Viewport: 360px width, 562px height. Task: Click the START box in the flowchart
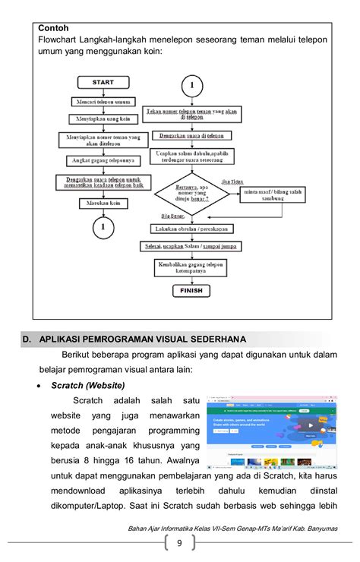pyautogui.click(x=103, y=82)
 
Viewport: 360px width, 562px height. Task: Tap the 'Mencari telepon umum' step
pyautogui.click(x=103, y=101)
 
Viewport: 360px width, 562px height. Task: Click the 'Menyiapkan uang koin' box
pyautogui.click(x=103, y=119)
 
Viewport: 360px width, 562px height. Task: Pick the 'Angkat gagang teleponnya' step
pyautogui.click(x=103, y=160)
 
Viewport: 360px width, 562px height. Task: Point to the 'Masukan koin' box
pyautogui.click(x=103, y=203)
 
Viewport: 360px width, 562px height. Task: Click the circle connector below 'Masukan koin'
pyautogui.click(x=103, y=226)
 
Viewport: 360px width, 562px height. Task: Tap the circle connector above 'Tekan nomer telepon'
pyautogui.click(x=193, y=85)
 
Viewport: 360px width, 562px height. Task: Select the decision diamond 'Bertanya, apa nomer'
pyautogui.click(x=192, y=195)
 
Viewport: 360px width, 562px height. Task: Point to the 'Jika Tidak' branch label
pyautogui.click(x=232, y=182)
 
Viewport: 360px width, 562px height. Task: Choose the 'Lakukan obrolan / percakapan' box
pyautogui.click(x=192, y=229)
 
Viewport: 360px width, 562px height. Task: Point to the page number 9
pyautogui.click(x=180, y=542)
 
